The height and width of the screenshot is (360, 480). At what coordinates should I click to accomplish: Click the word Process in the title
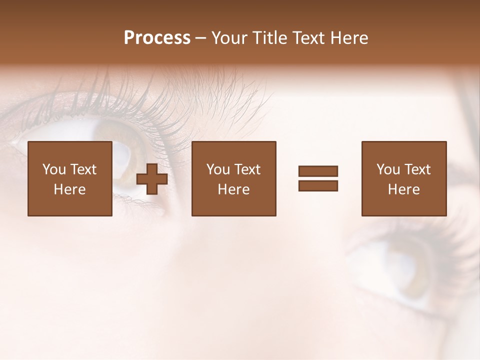point(157,38)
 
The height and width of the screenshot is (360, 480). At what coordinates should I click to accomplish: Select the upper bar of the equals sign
point(318,171)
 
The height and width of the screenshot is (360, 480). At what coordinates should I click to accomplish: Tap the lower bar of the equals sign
point(318,186)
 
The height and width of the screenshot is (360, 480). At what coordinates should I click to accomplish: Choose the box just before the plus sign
point(70,178)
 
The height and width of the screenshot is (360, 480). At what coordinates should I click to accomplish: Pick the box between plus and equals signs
point(234,178)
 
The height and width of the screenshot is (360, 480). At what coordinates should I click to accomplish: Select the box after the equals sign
point(404,178)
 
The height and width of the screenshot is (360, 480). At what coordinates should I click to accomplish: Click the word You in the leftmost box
point(54,169)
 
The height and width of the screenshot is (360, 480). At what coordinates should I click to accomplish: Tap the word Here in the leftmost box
point(70,189)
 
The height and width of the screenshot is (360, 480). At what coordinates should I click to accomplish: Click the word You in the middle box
point(218,169)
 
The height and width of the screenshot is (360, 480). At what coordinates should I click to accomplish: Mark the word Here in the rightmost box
point(404,189)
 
